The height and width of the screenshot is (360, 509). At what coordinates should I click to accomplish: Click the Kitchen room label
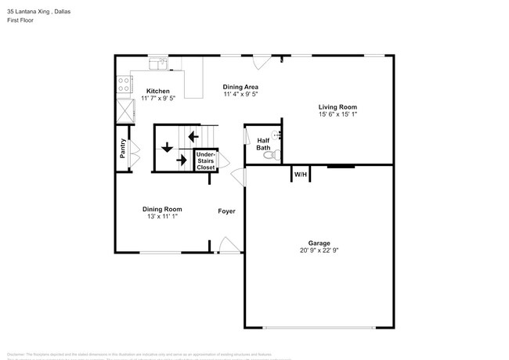pyautogui.click(x=160, y=91)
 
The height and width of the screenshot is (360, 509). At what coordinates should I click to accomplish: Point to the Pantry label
pyautogui.click(x=123, y=149)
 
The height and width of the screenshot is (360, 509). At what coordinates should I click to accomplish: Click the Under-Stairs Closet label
pyautogui.click(x=205, y=160)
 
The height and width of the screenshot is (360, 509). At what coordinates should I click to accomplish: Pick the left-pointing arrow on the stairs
pyautogui.click(x=190, y=139)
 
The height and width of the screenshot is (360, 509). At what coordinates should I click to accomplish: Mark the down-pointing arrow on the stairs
pyautogui.click(x=167, y=147)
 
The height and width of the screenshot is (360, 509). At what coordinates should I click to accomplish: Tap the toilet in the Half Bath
pyautogui.click(x=270, y=157)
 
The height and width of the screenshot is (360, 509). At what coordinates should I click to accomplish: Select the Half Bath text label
pyautogui.click(x=264, y=144)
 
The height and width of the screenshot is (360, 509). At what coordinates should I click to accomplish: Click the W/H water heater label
pyautogui.click(x=300, y=175)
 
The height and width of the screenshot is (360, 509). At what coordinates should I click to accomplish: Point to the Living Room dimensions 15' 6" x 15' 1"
pyautogui.click(x=338, y=115)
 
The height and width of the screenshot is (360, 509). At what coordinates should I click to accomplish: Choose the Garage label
pyautogui.click(x=318, y=242)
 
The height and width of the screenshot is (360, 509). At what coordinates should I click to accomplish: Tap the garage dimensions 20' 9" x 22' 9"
pyautogui.click(x=318, y=250)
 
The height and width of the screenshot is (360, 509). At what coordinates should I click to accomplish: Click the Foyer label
pyautogui.click(x=226, y=211)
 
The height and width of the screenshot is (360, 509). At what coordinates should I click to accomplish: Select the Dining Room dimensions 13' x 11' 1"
pyautogui.click(x=162, y=216)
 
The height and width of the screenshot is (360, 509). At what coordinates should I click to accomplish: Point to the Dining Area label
pyautogui.click(x=240, y=87)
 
